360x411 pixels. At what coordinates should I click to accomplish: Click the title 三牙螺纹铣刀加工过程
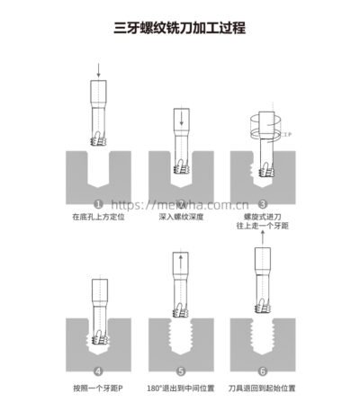click(180, 28)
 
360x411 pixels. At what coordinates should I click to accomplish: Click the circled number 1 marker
click(98, 204)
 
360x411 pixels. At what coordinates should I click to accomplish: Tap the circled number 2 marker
click(181, 204)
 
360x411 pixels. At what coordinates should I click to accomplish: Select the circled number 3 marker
click(263, 204)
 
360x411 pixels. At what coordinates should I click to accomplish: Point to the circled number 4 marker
click(98, 371)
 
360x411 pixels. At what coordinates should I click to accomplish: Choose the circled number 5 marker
click(181, 371)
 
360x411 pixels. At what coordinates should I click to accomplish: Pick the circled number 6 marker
click(263, 371)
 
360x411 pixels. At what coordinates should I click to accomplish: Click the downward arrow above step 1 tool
click(97, 68)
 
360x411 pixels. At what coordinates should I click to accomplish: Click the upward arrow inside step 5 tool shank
click(181, 264)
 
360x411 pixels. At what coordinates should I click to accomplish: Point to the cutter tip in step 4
click(98, 337)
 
